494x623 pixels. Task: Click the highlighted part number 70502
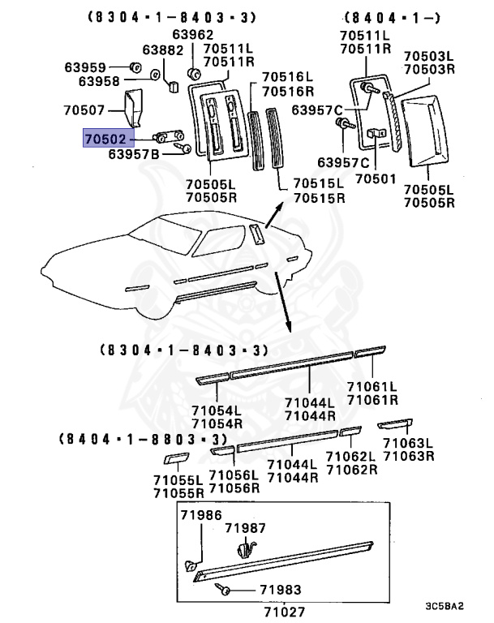pos(105,140)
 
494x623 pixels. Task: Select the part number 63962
pos(193,35)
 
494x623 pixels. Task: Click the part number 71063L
pos(408,444)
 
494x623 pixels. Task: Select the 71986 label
pos(200,516)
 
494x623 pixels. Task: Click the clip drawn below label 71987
pos(245,550)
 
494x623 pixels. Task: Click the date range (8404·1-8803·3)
pos(142,439)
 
